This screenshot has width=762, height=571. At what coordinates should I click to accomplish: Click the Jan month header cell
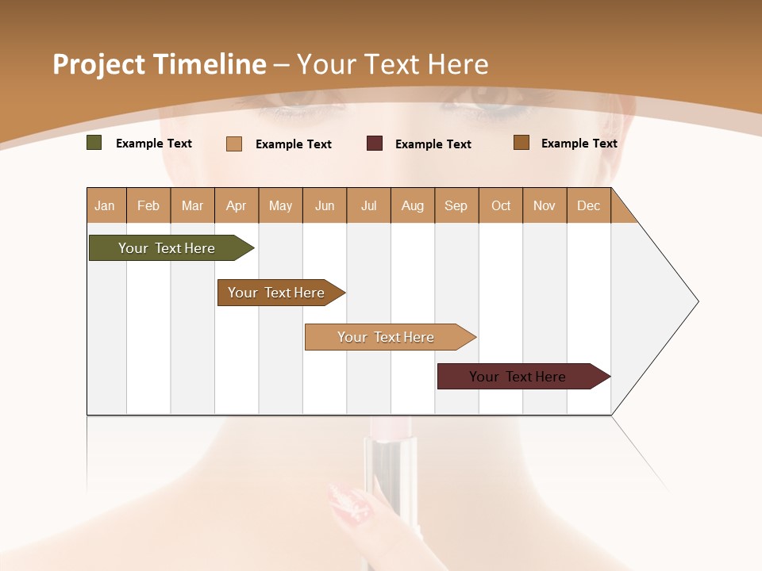click(x=106, y=205)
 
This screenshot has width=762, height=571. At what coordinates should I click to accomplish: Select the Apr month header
click(x=237, y=205)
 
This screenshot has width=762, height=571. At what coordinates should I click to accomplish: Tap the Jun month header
click(x=325, y=205)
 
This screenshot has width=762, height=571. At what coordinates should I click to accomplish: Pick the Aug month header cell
click(x=413, y=205)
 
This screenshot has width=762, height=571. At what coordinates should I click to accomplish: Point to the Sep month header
click(x=456, y=205)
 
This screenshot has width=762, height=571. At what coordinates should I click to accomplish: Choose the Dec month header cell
click(x=588, y=205)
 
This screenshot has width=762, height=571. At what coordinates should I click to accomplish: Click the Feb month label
click(x=148, y=205)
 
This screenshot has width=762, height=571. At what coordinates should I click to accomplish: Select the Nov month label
click(x=545, y=205)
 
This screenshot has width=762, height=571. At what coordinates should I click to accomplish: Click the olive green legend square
click(x=94, y=143)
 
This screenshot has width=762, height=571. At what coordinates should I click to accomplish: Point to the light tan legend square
click(x=234, y=144)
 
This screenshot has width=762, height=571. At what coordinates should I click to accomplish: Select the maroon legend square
click(x=375, y=144)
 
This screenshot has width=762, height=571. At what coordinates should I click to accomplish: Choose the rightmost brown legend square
click(x=521, y=143)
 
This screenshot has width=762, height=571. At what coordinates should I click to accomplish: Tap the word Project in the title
click(x=98, y=64)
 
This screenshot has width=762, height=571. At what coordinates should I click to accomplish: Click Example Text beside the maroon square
click(x=433, y=144)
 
